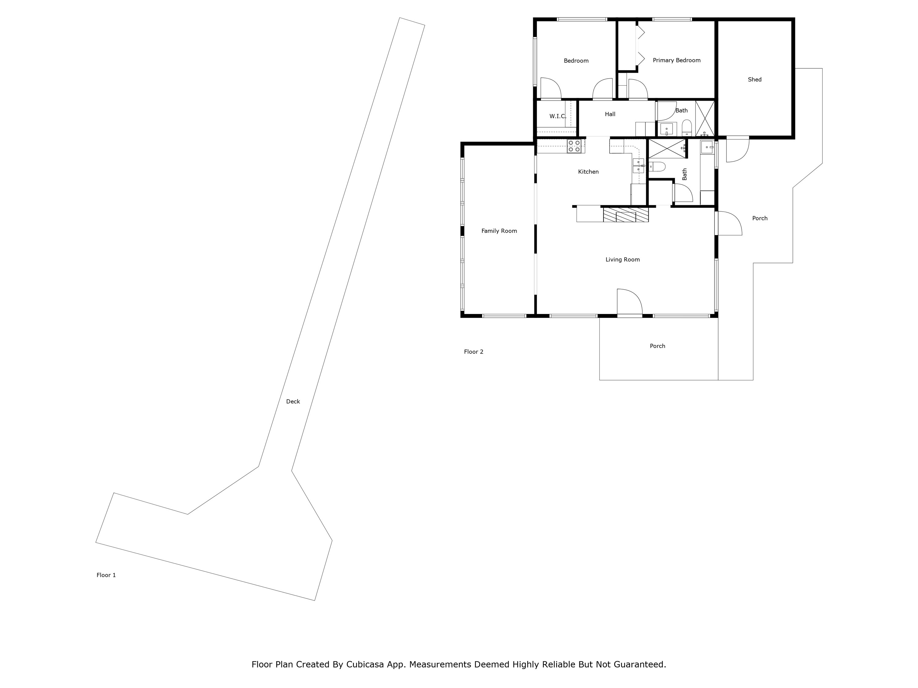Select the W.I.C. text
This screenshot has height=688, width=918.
557,116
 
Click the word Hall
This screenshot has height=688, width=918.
610,114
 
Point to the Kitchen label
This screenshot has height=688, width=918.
588,172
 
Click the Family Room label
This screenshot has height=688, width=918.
499,231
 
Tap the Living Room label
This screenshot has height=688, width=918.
622,260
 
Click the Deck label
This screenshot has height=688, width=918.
293,401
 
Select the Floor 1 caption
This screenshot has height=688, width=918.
106,575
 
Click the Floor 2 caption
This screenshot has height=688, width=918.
473,352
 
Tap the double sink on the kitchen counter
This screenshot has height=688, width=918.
638,165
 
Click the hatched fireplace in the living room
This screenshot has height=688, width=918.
625,215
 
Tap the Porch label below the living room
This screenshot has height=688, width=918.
657,346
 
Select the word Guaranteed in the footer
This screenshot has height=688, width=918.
639,664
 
